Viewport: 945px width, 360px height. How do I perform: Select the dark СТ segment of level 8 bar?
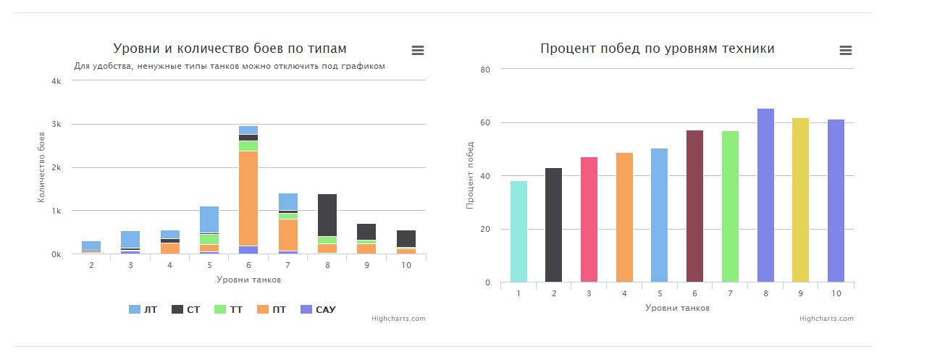pyautogui.click(x=327, y=215)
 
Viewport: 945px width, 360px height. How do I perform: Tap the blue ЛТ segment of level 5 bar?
pyautogui.click(x=209, y=219)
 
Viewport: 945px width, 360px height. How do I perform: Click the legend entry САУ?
pyautogui.click(x=318, y=310)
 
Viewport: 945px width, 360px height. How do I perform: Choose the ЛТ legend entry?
pyautogui.click(x=143, y=310)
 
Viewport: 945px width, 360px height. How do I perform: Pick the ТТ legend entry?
pyautogui.click(x=228, y=310)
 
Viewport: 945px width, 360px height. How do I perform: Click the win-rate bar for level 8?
pyautogui.click(x=765, y=196)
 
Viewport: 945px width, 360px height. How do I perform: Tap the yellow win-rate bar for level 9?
pyautogui.click(x=800, y=200)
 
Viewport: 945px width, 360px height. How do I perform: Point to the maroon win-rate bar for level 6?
pyautogui.click(x=694, y=206)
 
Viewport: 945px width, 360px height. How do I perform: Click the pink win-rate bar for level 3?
pyautogui.click(x=589, y=219)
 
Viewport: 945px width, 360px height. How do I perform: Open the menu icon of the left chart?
pyautogui.click(x=418, y=50)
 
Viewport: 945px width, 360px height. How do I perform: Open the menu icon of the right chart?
pyautogui.click(x=846, y=50)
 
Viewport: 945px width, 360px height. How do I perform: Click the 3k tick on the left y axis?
pyautogui.click(x=56, y=125)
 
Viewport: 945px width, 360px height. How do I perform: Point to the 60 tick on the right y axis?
pyautogui.click(x=487, y=123)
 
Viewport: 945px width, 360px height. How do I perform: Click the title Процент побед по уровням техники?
pyautogui.click(x=657, y=49)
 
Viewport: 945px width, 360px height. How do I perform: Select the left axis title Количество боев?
pyautogui.click(x=42, y=177)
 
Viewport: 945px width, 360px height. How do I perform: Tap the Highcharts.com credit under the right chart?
pyautogui.click(x=826, y=319)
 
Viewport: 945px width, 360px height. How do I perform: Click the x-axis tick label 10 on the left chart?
pyautogui.click(x=406, y=266)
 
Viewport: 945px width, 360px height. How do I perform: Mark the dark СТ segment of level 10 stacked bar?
pyautogui.click(x=406, y=238)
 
